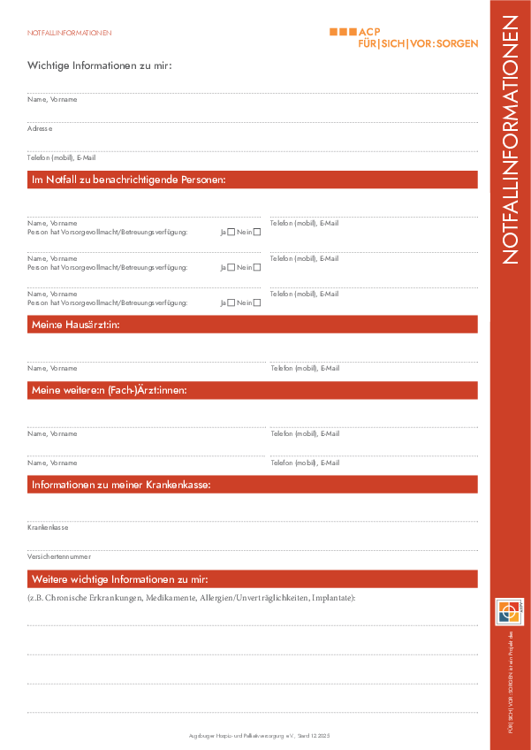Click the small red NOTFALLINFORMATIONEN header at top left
(70, 33)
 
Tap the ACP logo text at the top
(369, 31)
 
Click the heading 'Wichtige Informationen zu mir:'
(100, 65)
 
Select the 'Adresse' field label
(40, 128)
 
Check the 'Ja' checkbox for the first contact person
(231, 233)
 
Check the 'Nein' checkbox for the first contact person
(257, 233)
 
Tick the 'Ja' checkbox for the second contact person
(231, 267)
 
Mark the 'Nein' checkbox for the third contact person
(257, 302)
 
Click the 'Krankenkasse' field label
(48, 527)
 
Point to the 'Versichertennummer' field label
(58, 556)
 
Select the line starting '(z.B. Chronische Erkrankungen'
(191, 599)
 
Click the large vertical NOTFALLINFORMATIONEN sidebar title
(512, 150)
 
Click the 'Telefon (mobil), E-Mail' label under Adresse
(61, 157)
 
